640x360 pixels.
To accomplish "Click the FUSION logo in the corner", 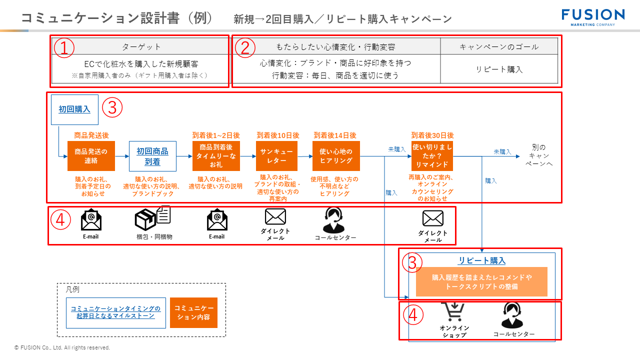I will pyautogui.click(x=593, y=16).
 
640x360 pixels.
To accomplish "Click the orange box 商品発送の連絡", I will pyautogui.click(x=91, y=156).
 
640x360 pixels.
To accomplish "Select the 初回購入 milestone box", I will pyautogui.click(x=74, y=109).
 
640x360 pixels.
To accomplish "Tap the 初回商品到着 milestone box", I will pyautogui.click(x=152, y=156).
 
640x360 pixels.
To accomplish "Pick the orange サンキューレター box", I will pyautogui.click(x=276, y=156).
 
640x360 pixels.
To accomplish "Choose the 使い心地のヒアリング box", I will pyautogui.click(x=336, y=156).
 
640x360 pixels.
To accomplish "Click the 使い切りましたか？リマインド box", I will pyautogui.click(x=432, y=156).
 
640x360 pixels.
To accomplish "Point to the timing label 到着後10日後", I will pyautogui.click(x=277, y=135).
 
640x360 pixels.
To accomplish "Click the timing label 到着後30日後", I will pyautogui.click(x=432, y=135).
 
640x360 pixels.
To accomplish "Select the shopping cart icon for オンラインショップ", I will pyautogui.click(x=453, y=312).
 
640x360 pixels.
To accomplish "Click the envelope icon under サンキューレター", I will pyautogui.click(x=275, y=217).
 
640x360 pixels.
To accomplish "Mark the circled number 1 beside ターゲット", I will pyautogui.click(x=64, y=47).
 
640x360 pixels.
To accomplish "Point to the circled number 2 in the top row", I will pyautogui.click(x=245, y=47).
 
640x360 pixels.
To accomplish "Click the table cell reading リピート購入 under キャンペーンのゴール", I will pyautogui.click(x=499, y=69).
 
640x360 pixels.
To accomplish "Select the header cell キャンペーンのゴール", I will pyautogui.click(x=499, y=47).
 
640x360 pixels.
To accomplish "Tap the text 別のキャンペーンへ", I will pyautogui.click(x=539, y=155).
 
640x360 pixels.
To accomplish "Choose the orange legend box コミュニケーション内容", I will pyautogui.click(x=193, y=313).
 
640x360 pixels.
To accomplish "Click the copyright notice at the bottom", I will pyautogui.click(x=62, y=347).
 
